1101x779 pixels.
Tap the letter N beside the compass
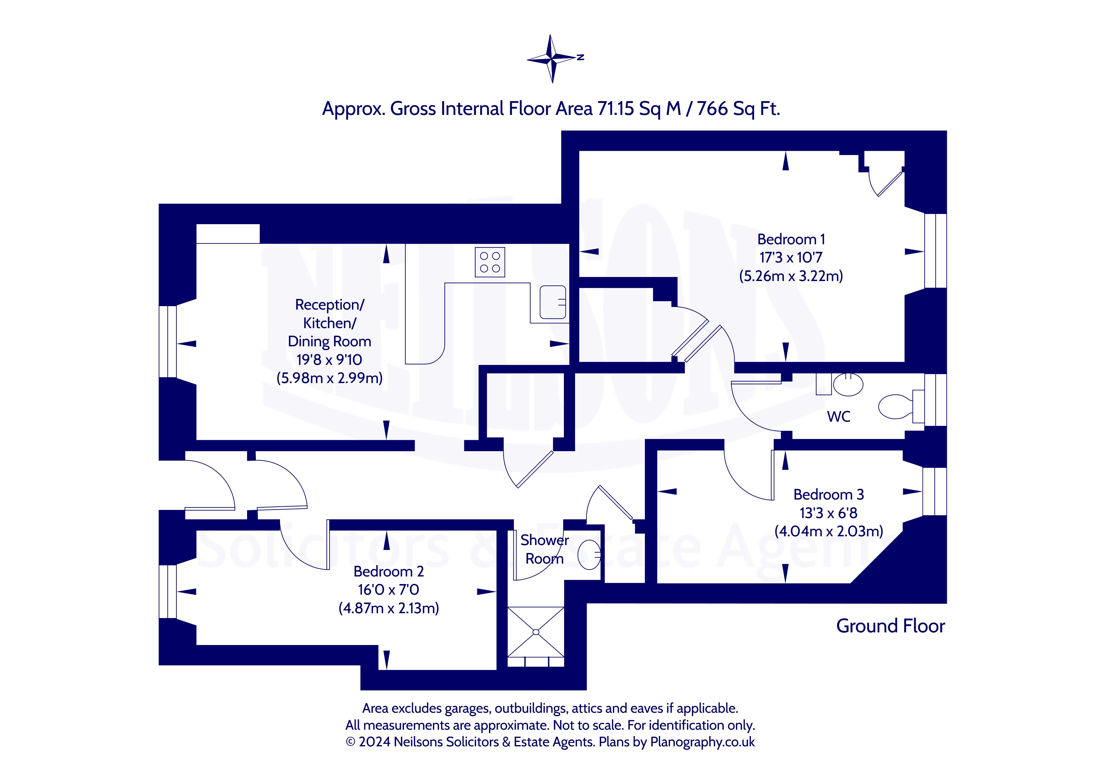(581, 57)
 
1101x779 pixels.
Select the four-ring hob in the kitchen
(490, 262)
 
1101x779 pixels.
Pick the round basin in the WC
(848, 384)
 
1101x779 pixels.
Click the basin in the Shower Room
(590, 555)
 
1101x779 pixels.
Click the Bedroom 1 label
(791, 239)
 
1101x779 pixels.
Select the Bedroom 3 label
(828, 494)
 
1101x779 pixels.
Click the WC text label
(839, 416)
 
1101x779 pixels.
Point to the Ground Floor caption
(890, 626)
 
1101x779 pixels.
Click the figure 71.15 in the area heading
(616, 109)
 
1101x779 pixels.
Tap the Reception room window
(168, 342)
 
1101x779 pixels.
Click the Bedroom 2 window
(168, 592)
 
